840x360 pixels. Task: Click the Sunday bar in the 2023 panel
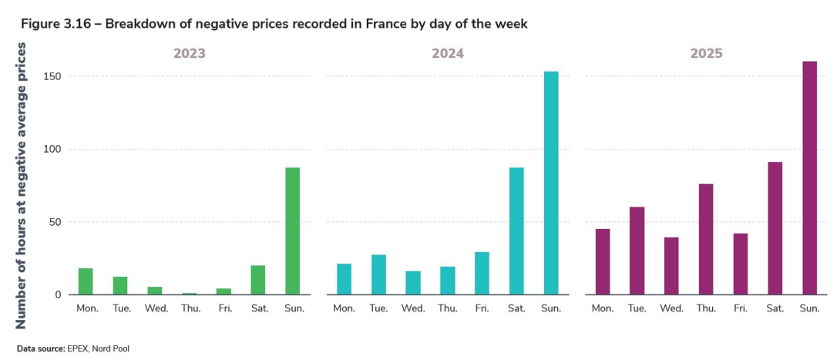(x=292, y=231)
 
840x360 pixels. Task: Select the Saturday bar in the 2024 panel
(x=516, y=231)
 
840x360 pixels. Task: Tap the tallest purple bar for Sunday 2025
(x=809, y=178)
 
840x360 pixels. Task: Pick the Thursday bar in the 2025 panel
(x=706, y=239)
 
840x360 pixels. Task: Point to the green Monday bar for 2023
(x=86, y=281)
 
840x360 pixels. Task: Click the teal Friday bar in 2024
(x=482, y=274)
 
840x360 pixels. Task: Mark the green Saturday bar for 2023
(x=257, y=280)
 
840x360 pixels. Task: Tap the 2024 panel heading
(x=447, y=54)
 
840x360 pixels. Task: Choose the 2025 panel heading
(x=706, y=54)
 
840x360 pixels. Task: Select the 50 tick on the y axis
(x=55, y=222)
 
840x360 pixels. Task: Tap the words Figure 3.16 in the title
(x=54, y=24)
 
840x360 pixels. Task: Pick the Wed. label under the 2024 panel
(x=413, y=308)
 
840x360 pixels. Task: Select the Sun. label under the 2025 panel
(x=809, y=308)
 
